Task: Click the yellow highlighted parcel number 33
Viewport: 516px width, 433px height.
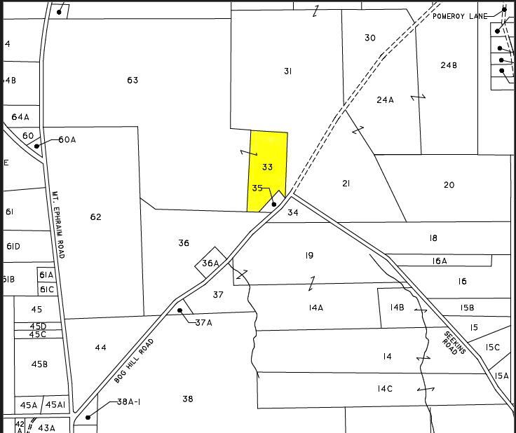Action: (x=267, y=167)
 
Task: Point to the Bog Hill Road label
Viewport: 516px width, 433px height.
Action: (x=134, y=360)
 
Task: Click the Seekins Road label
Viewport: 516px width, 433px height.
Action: (x=454, y=342)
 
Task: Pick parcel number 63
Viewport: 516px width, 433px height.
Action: (x=133, y=80)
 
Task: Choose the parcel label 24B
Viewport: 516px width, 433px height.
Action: (x=449, y=65)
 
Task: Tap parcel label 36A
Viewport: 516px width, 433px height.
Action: (x=210, y=263)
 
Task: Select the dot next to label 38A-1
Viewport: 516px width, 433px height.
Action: (x=88, y=418)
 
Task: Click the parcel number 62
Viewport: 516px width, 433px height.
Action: (x=96, y=216)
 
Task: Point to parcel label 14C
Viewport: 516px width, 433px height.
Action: (x=385, y=388)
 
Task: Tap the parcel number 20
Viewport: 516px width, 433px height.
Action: (x=449, y=185)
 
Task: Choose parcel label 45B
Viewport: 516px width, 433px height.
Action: (x=40, y=364)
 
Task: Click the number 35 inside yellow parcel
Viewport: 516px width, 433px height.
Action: (x=257, y=188)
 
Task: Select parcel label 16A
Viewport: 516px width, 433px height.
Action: (x=440, y=261)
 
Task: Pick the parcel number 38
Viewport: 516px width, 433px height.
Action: (x=187, y=399)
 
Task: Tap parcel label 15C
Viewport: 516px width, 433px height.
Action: (x=493, y=348)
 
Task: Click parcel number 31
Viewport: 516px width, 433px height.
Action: (x=287, y=71)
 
